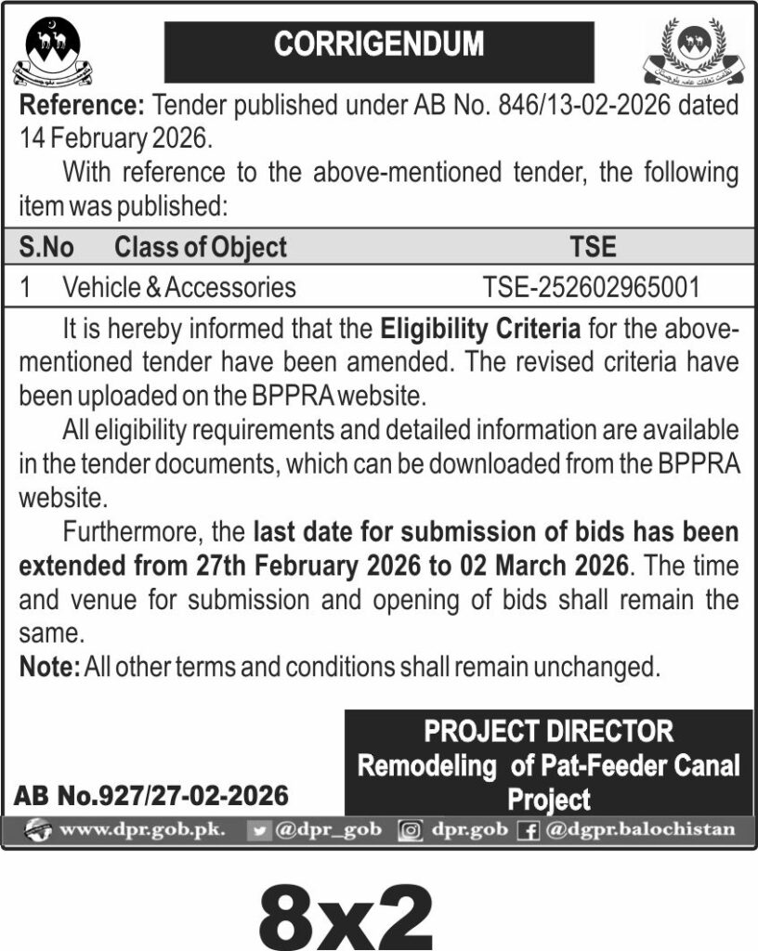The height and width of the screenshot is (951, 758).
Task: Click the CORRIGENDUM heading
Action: tap(379, 44)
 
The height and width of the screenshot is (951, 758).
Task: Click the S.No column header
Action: tap(46, 247)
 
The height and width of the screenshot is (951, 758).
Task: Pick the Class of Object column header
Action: tap(201, 247)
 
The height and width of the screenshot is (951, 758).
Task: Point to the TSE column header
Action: tap(592, 247)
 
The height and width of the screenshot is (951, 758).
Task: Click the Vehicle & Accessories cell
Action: tap(179, 287)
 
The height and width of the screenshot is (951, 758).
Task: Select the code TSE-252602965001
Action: tap(592, 287)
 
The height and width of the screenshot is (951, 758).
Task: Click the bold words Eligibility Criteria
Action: tap(480, 328)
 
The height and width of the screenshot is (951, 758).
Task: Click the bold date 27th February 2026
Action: tap(314, 565)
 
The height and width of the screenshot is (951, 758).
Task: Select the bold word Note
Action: tap(49, 666)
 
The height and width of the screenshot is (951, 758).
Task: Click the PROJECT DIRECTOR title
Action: tap(548, 732)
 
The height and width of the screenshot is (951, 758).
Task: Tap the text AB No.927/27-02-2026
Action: tap(151, 796)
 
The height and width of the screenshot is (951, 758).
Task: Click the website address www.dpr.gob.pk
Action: tap(142, 829)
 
